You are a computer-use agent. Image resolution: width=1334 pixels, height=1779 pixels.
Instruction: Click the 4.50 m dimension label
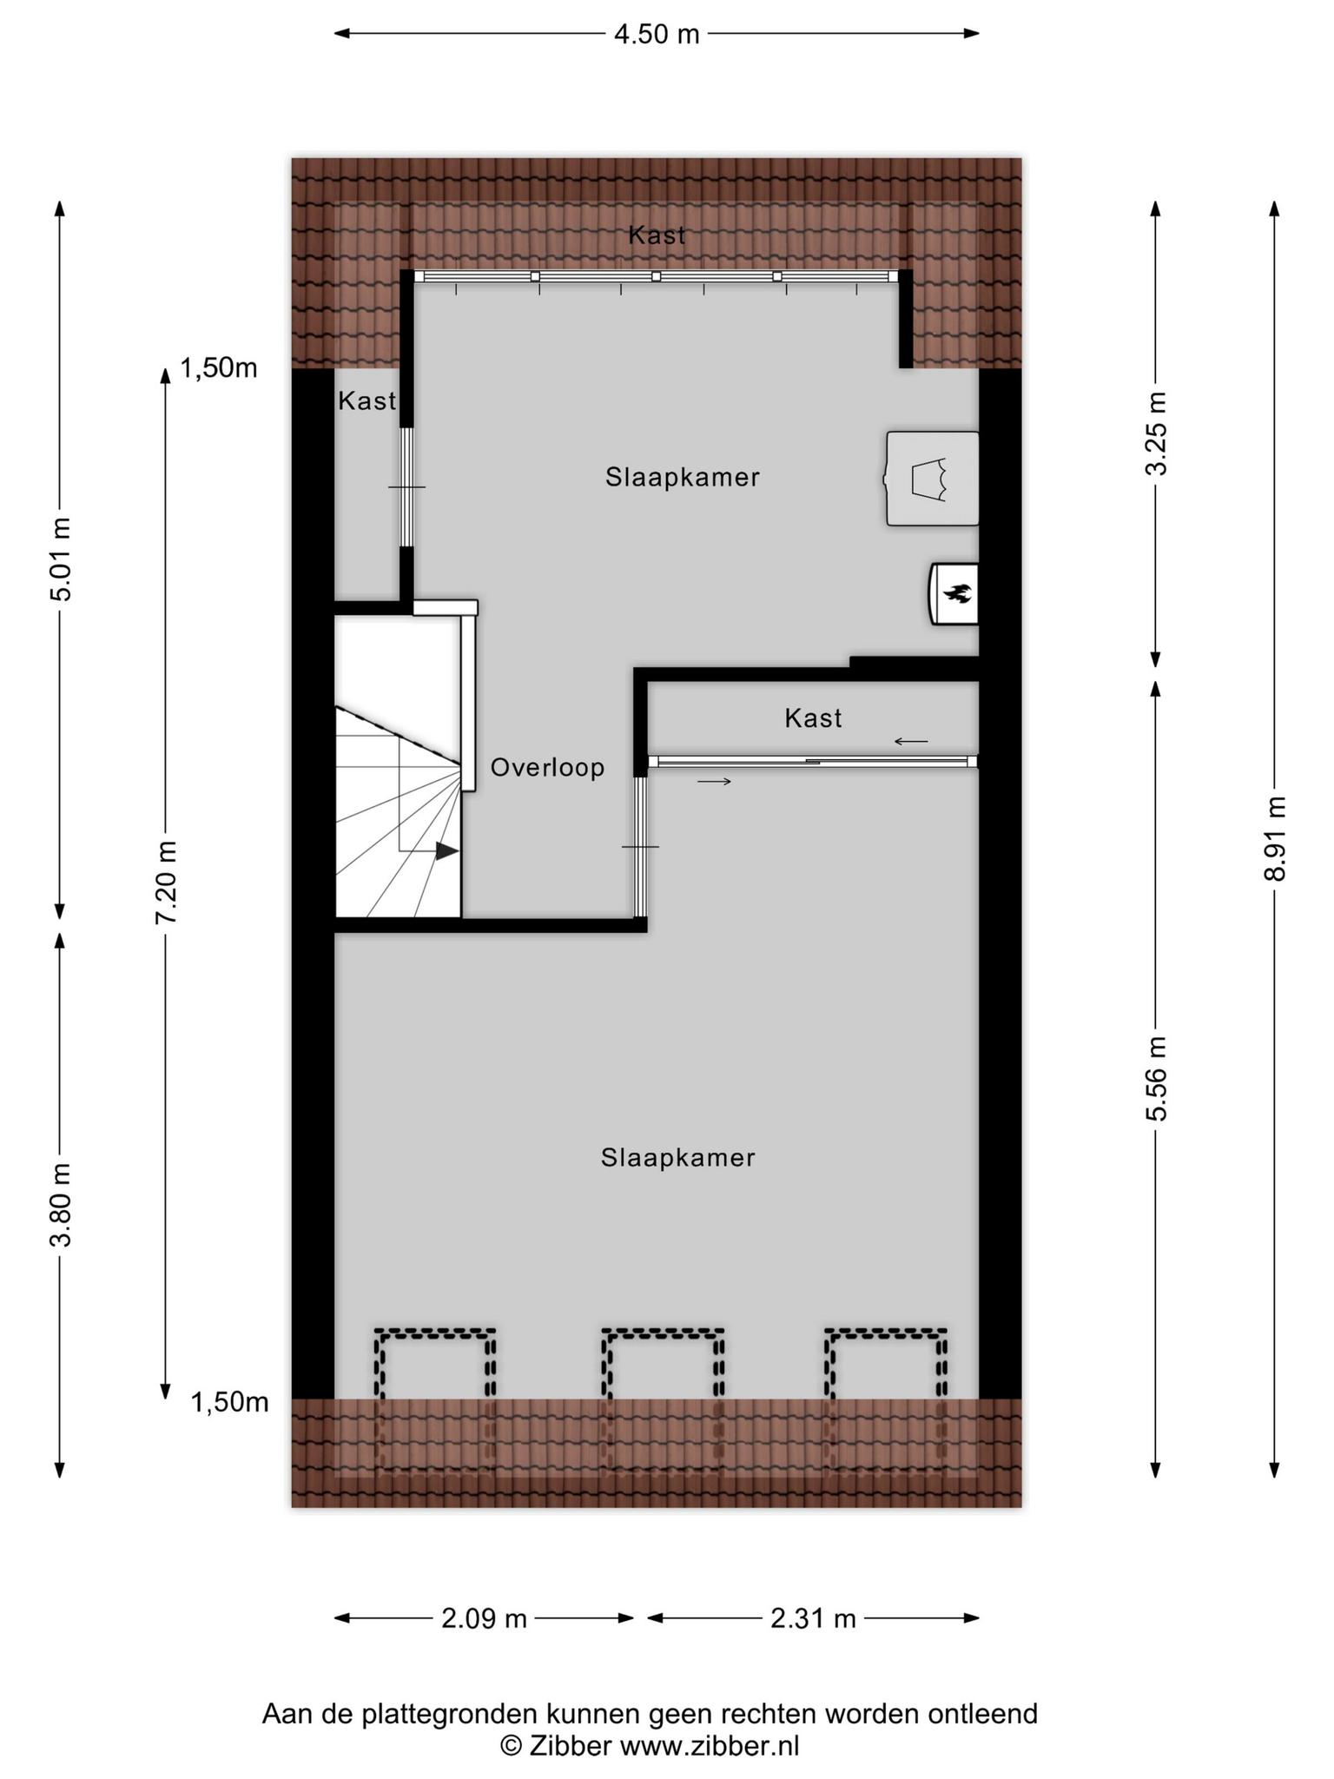pyautogui.click(x=657, y=35)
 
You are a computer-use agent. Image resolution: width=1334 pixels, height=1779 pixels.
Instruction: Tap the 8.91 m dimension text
pyautogui.click(x=1274, y=839)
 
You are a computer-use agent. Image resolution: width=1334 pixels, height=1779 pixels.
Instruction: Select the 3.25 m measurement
pyautogui.click(x=1156, y=433)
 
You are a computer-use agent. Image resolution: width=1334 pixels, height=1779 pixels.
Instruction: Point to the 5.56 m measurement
pyautogui.click(x=1156, y=1079)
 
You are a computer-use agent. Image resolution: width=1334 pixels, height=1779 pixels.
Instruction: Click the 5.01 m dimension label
pyautogui.click(x=61, y=559)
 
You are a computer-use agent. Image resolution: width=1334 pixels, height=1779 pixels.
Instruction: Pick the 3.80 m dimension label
pyautogui.click(x=61, y=1205)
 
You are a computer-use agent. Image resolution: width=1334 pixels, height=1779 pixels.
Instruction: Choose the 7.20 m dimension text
pyautogui.click(x=166, y=883)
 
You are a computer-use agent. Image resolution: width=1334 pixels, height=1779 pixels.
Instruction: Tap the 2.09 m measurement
pyautogui.click(x=485, y=1618)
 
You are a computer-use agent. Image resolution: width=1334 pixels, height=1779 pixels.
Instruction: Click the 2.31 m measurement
pyautogui.click(x=813, y=1618)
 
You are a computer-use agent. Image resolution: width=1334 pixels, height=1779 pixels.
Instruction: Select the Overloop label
pyautogui.click(x=547, y=768)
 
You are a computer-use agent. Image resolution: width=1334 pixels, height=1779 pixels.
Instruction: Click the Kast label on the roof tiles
pyautogui.click(x=657, y=235)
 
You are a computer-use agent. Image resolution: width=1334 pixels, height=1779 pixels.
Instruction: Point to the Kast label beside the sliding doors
pyautogui.click(x=813, y=718)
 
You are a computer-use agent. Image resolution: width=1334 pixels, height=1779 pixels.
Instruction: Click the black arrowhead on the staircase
pyautogui.click(x=446, y=851)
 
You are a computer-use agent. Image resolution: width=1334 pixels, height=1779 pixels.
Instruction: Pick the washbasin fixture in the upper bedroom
pyautogui.click(x=931, y=479)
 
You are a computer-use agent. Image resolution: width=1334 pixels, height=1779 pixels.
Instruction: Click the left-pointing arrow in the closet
pyautogui.click(x=911, y=742)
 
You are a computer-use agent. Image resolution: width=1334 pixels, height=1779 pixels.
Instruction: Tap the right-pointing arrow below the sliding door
pyautogui.click(x=714, y=782)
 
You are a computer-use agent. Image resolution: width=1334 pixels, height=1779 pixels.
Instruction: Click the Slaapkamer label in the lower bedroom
pyautogui.click(x=678, y=1158)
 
